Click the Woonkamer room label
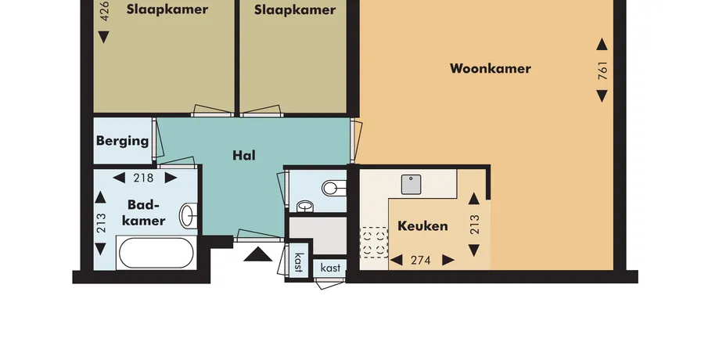tap(490, 69)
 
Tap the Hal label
tap(244, 156)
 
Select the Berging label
tap(122, 141)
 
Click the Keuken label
tap(422, 226)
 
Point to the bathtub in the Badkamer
tap(156, 253)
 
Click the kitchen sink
tap(411, 184)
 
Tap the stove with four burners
tap(374, 243)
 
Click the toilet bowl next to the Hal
tap(334, 188)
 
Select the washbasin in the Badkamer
tap(189, 216)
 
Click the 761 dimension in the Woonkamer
tap(602, 70)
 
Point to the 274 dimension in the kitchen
tap(420, 260)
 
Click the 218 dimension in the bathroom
tap(143, 178)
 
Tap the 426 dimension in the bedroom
tap(104, 11)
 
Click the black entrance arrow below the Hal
tap(258, 254)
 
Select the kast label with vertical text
tap(299, 262)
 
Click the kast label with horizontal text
tap(330, 268)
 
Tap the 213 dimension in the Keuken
tap(474, 225)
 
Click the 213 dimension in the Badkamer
tap(101, 223)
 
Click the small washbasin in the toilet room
tap(306, 207)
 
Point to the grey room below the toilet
tap(318, 236)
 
